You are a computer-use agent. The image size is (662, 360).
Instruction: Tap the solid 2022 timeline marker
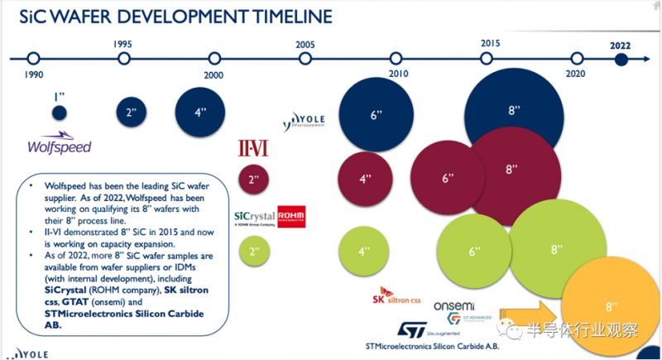[621, 59]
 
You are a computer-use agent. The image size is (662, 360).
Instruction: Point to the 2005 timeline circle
[305, 59]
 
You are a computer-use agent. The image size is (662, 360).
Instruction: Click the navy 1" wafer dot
[60, 113]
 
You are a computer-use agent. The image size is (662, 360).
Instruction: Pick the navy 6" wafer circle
[376, 114]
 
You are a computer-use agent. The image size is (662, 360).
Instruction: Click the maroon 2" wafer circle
[253, 178]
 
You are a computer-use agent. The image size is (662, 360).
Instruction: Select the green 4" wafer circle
[363, 252]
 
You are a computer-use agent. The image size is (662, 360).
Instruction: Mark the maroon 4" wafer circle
[363, 178]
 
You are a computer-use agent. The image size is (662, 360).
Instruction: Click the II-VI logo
[252, 147]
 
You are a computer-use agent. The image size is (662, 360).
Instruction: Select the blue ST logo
[411, 329]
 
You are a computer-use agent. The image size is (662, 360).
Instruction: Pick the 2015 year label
[490, 43]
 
